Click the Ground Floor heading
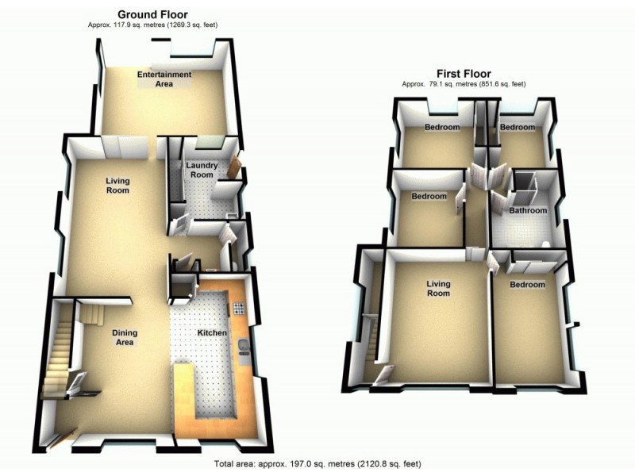pos(152,14)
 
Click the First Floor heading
pos(464,73)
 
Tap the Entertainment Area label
pos(164,79)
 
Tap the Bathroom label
pos(528,211)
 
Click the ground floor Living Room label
pos(117,186)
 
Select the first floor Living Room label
pos(438,288)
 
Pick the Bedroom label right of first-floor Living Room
pos(527,285)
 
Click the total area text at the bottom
pos(317,464)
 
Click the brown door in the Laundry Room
pos(235,167)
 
